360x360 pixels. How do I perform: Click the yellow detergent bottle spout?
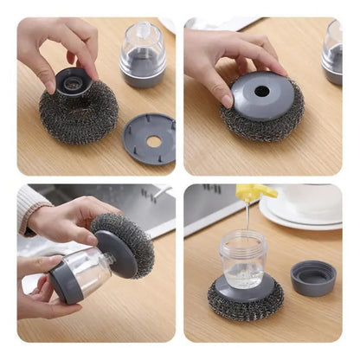pos(257,193)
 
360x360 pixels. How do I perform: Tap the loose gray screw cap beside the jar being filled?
pos(313,278)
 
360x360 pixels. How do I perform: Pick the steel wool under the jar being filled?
pos(245,302)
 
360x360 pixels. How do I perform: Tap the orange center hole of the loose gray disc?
pos(152,138)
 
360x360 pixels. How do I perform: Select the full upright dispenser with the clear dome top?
pos(143,55)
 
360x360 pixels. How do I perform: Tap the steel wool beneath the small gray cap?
pos(78,116)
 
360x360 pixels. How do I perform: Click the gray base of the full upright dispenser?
pos(143,76)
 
